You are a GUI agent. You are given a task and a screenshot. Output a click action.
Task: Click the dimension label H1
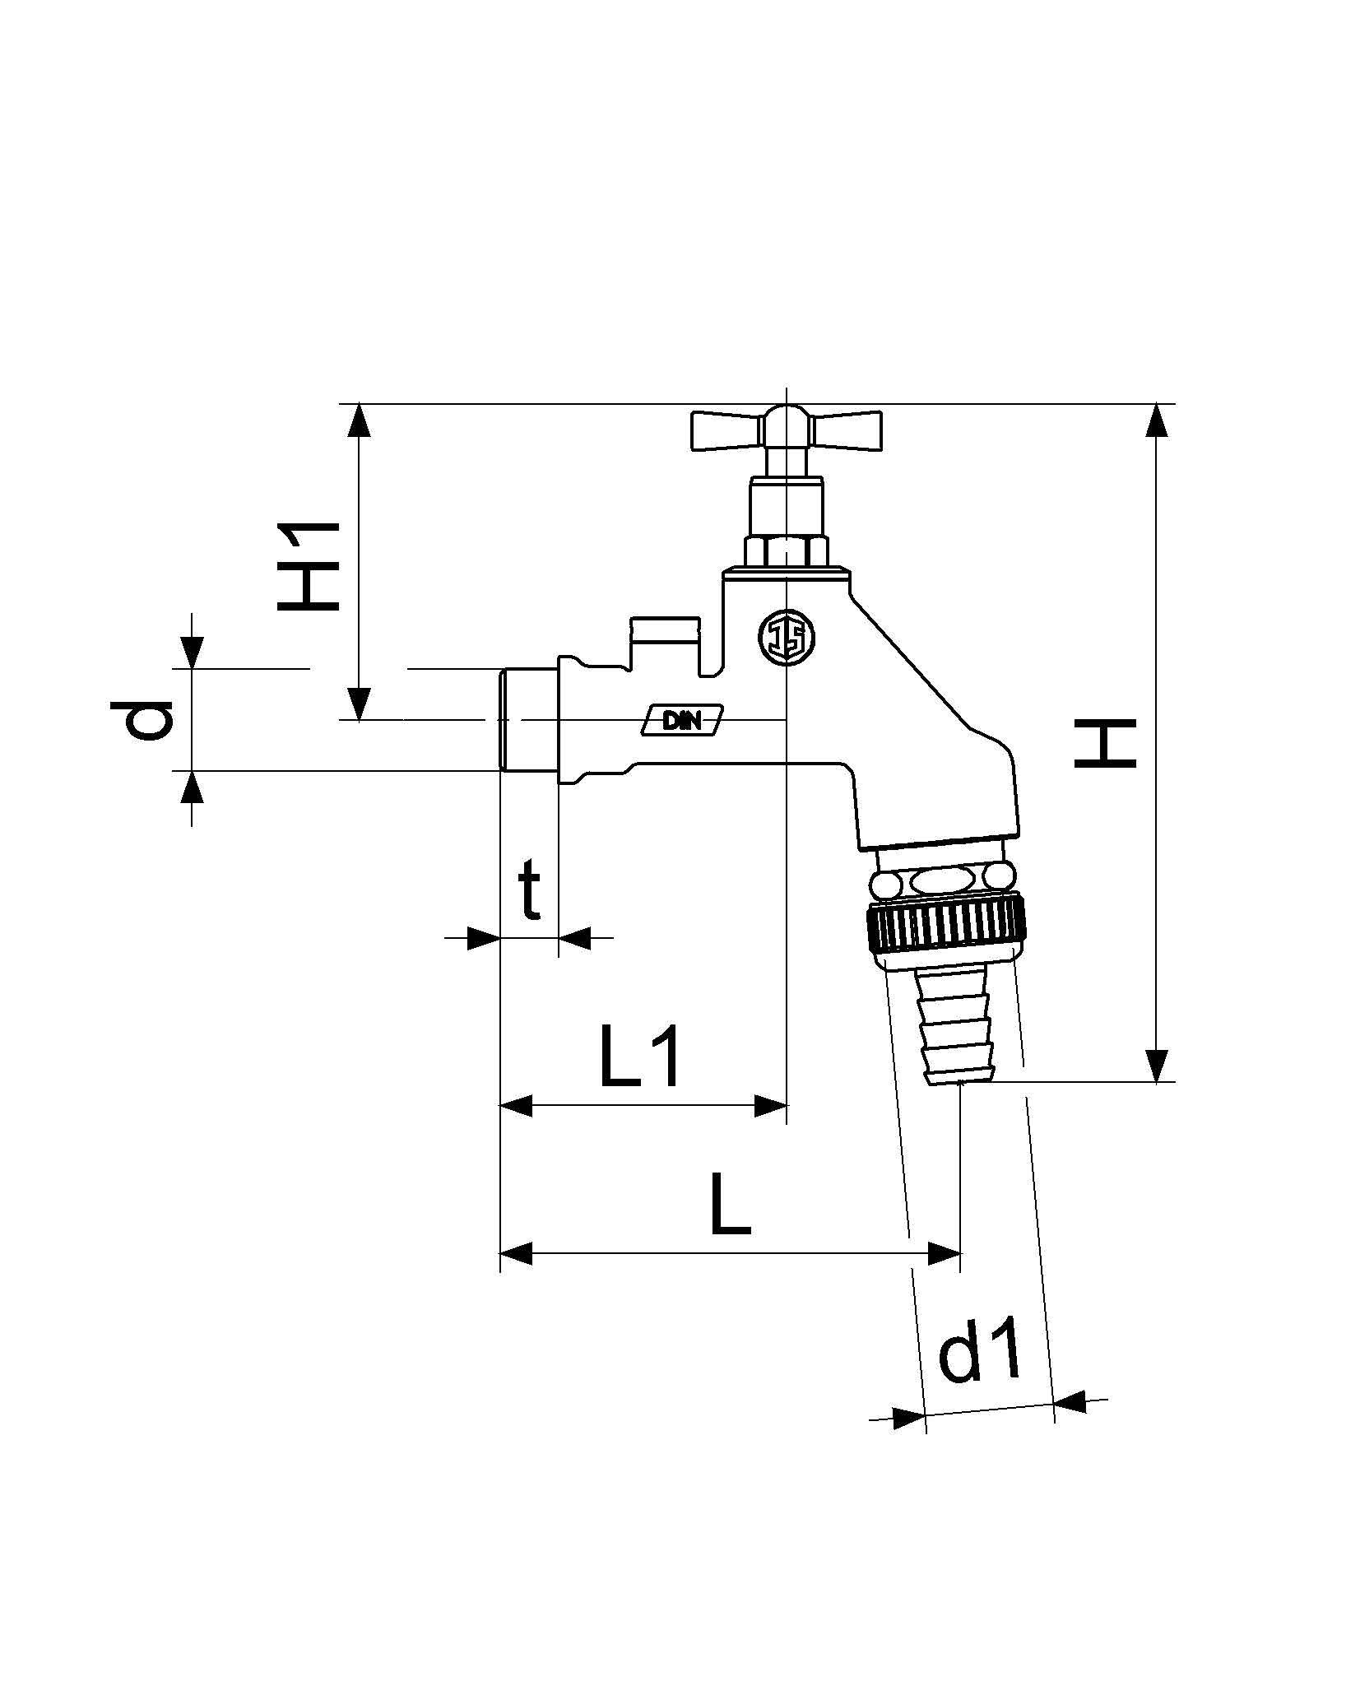[x=309, y=567]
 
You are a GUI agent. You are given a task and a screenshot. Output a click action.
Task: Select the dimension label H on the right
[x=1105, y=743]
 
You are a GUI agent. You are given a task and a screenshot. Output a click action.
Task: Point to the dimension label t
[x=531, y=891]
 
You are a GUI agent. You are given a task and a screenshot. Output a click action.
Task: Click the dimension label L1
[x=641, y=1057]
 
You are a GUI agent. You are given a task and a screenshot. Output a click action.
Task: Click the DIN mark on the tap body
[x=682, y=720]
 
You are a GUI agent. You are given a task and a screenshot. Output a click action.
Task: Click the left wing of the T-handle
[x=723, y=430]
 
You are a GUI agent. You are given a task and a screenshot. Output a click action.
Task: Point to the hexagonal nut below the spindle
[x=786, y=550]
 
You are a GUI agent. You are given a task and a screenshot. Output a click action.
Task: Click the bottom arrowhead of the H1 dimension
[x=359, y=704]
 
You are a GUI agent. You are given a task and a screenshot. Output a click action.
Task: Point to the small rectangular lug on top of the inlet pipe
[x=665, y=631]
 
